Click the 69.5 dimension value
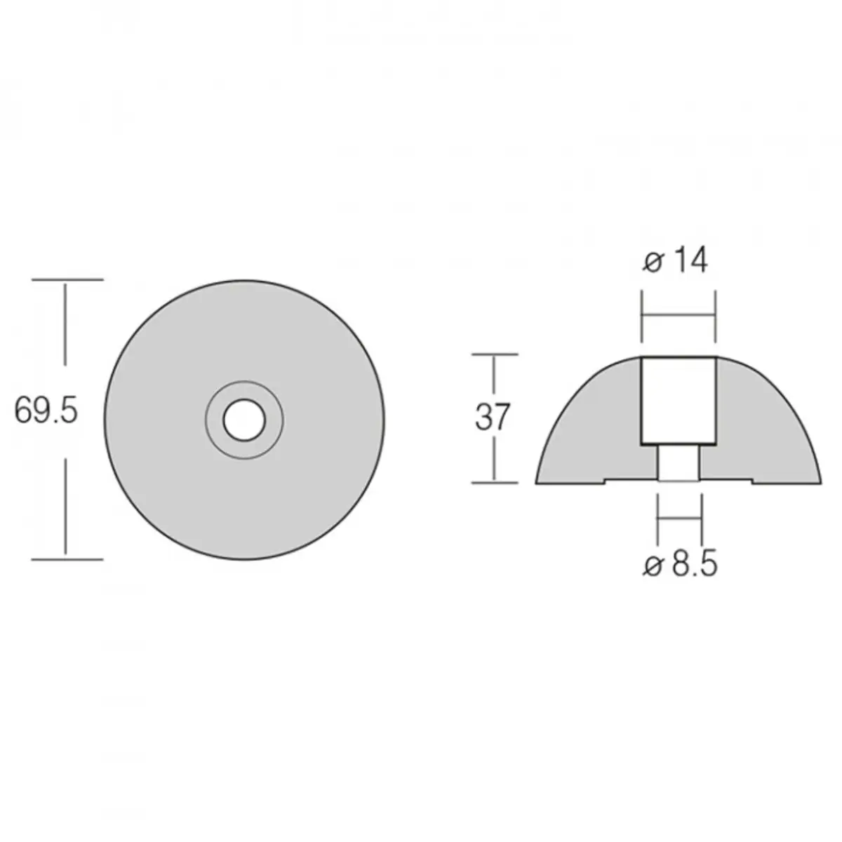[x=46, y=412]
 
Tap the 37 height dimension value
[x=493, y=417]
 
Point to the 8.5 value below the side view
[x=694, y=565]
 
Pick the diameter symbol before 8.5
[x=653, y=566]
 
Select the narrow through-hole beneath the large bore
[x=679, y=464]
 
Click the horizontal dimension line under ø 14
[x=679, y=316]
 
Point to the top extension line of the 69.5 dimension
[x=67, y=280]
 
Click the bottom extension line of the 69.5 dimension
[x=67, y=559]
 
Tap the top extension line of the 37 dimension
[x=495, y=354]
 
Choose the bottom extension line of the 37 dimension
[x=495, y=482]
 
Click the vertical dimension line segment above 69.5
[x=66, y=323]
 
